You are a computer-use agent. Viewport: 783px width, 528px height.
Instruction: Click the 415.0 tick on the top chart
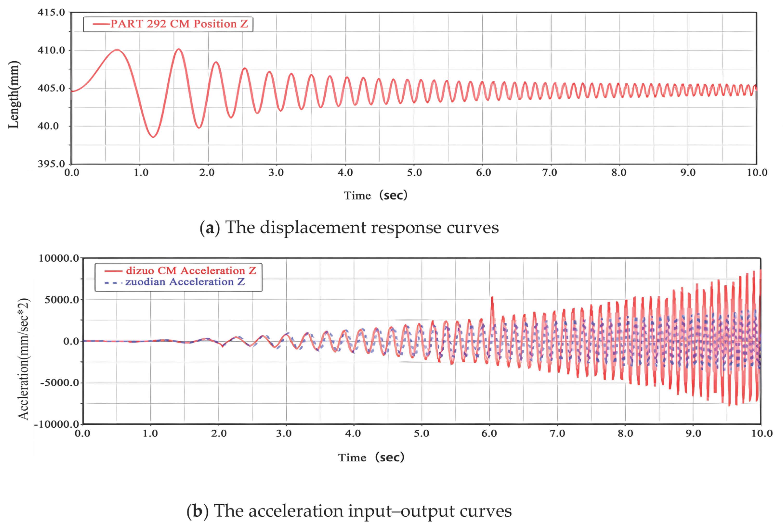coord(51,13)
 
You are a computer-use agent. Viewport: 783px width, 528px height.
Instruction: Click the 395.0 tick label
coord(51,164)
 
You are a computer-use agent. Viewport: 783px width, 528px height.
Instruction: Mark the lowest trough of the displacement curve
coord(153,137)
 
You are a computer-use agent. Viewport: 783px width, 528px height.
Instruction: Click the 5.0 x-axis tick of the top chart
coord(414,173)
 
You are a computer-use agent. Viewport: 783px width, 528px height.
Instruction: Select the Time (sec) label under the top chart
coord(375,195)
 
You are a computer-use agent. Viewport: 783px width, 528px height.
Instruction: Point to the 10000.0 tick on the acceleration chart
coord(58,258)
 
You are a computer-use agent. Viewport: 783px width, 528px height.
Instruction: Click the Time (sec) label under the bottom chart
coord(371,457)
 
